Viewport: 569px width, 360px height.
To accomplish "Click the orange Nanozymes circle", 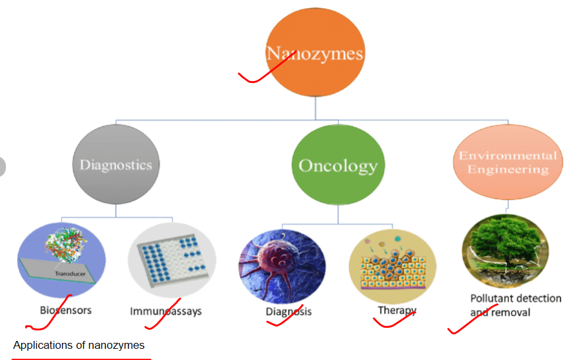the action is (315, 52).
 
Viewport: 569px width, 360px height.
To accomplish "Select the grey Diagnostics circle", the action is (116, 165).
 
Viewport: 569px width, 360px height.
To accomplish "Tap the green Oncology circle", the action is (338, 165).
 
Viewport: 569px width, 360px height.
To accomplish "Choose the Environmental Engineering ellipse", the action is (508, 162).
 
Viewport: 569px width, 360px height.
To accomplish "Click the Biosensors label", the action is (66, 311).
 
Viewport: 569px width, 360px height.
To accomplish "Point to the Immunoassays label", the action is (166, 311).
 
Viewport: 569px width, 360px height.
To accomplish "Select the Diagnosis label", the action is (288, 312).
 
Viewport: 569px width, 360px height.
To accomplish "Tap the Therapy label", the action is (397, 311).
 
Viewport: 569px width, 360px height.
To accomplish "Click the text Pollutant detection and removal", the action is (516, 305).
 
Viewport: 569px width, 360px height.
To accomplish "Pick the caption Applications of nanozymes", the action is (79, 345).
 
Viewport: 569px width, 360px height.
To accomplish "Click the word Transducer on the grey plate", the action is (70, 274).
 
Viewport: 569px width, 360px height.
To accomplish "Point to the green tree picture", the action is (506, 251).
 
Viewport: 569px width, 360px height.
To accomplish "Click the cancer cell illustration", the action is (282, 267).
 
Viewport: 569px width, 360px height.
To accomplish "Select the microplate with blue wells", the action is (172, 259).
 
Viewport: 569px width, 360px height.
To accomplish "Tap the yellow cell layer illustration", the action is (393, 267).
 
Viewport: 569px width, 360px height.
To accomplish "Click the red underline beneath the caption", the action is (81, 359).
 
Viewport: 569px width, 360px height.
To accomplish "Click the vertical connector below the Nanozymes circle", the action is (315, 108).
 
